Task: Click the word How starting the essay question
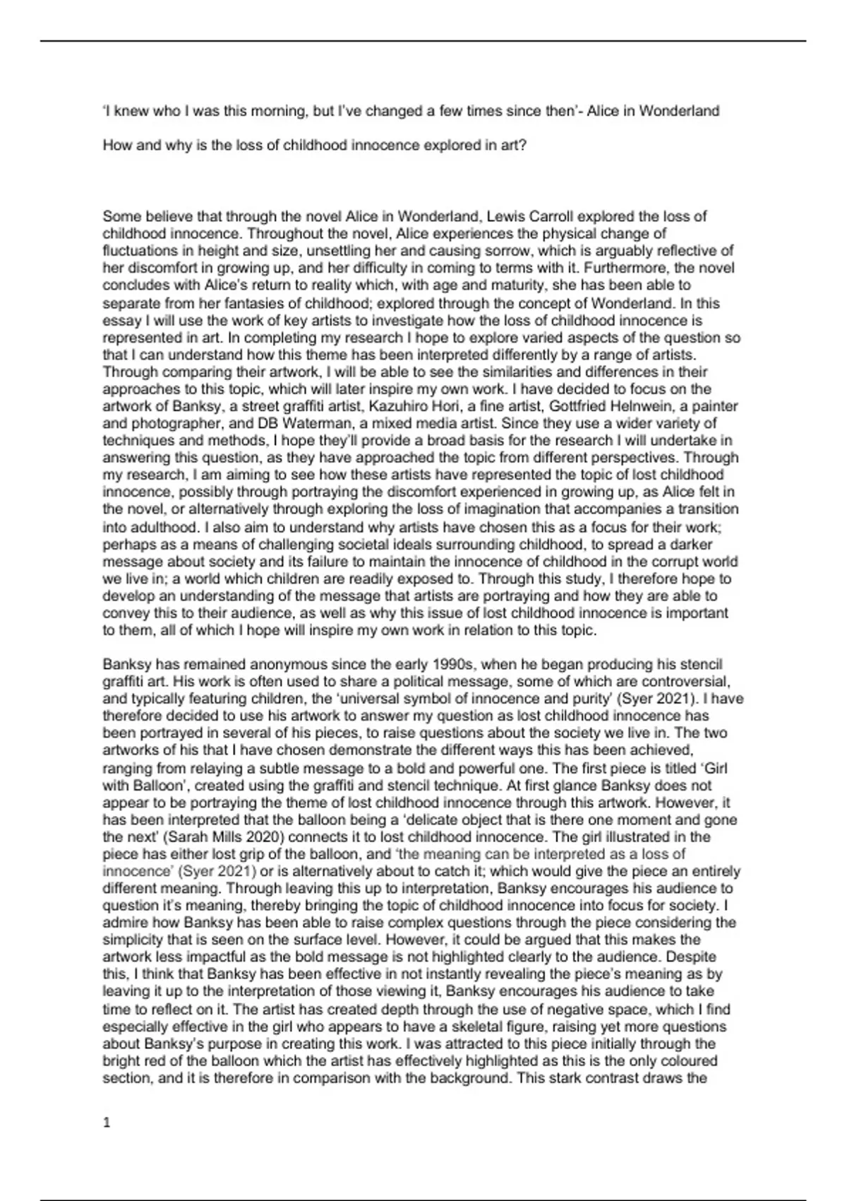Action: tap(116, 146)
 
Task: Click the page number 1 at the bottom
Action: tap(107, 1123)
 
